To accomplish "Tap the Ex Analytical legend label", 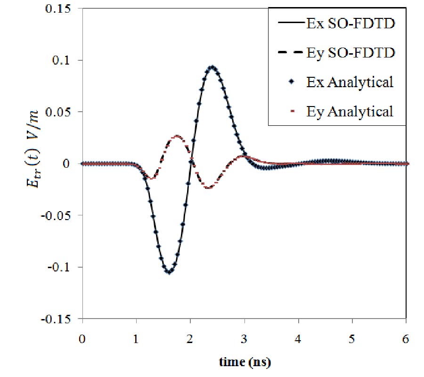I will click(357, 82).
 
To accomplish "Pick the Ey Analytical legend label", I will click(357, 112).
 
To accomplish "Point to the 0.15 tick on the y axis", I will click(65, 9).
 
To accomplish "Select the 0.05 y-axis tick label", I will click(65, 112).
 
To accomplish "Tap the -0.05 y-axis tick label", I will click(64, 215).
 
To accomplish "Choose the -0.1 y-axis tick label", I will click(66, 267).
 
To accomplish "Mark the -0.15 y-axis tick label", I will click(64, 319).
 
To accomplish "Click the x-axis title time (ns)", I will click(245, 363).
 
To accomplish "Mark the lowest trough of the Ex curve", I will click(169, 272).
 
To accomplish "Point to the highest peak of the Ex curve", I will click(212, 67).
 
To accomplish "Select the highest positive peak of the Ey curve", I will click(177, 136).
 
